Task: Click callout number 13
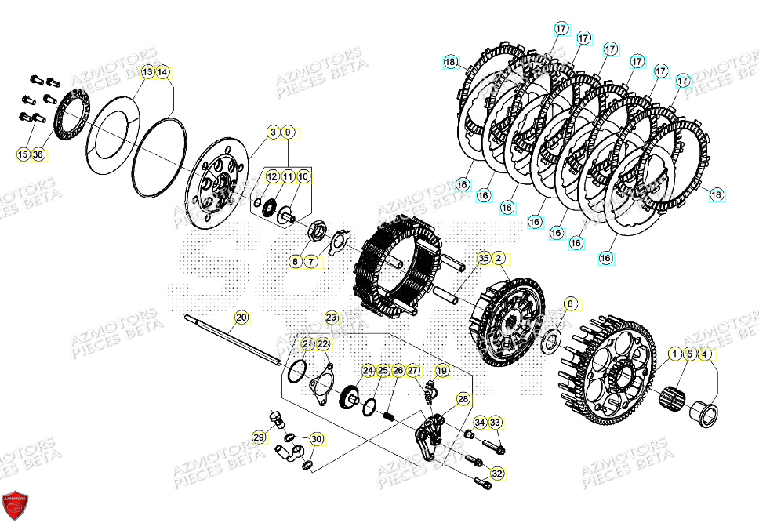147,72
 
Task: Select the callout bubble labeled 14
162,72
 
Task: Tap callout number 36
38,155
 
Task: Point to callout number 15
23,155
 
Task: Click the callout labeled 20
241,318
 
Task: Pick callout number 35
483,258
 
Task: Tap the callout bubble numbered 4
706,354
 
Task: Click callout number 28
463,400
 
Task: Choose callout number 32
497,473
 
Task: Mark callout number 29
258,437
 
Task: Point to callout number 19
442,371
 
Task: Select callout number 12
272,177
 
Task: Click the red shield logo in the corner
15,506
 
